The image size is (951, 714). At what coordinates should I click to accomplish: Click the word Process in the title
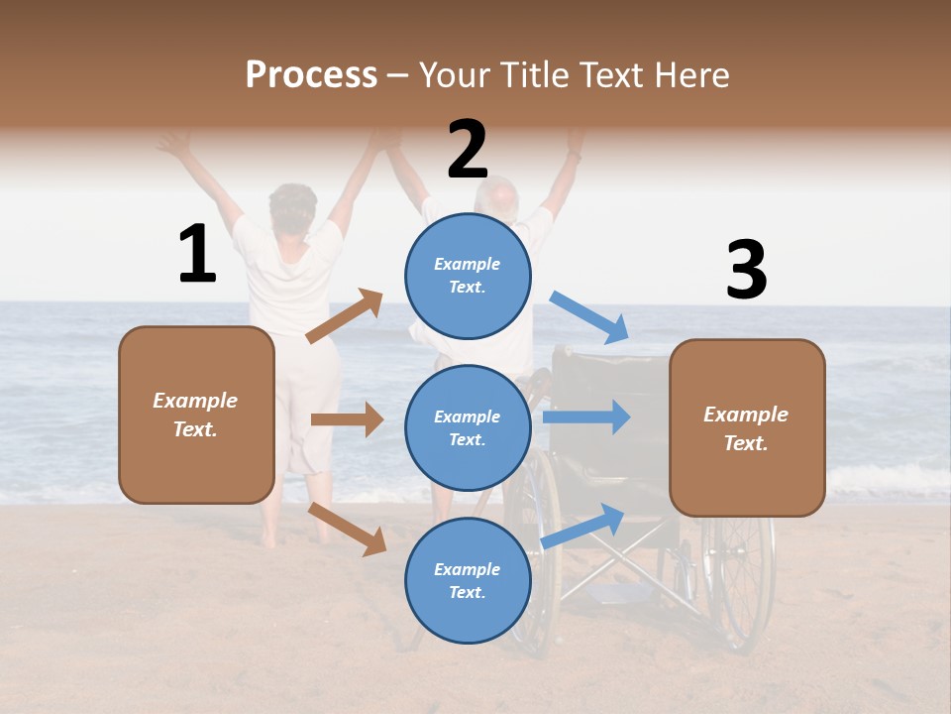(x=311, y=74)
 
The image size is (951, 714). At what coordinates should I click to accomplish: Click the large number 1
(x=197, y=254)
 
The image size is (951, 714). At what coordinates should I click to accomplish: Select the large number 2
(x=468, y=150)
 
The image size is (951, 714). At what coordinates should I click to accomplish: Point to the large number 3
(x=746, y=270)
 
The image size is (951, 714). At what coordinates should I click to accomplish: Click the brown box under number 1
(x=196, y=415)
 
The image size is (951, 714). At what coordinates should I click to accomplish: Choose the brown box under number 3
(x=747, y=427)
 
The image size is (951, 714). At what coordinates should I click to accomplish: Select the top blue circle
(x=468, y=276)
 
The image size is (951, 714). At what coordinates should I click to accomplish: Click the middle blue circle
(x=468, y=427)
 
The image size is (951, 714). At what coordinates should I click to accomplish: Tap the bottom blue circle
(x=468, y=580)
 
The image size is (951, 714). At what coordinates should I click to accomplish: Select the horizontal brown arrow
(x=347, y=419)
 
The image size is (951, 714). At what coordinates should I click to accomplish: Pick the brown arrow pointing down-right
(x=348, y=528)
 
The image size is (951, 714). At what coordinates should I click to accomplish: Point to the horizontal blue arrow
(x=586, y=416)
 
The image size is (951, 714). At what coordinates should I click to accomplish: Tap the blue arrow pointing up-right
(x=583, y=526)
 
